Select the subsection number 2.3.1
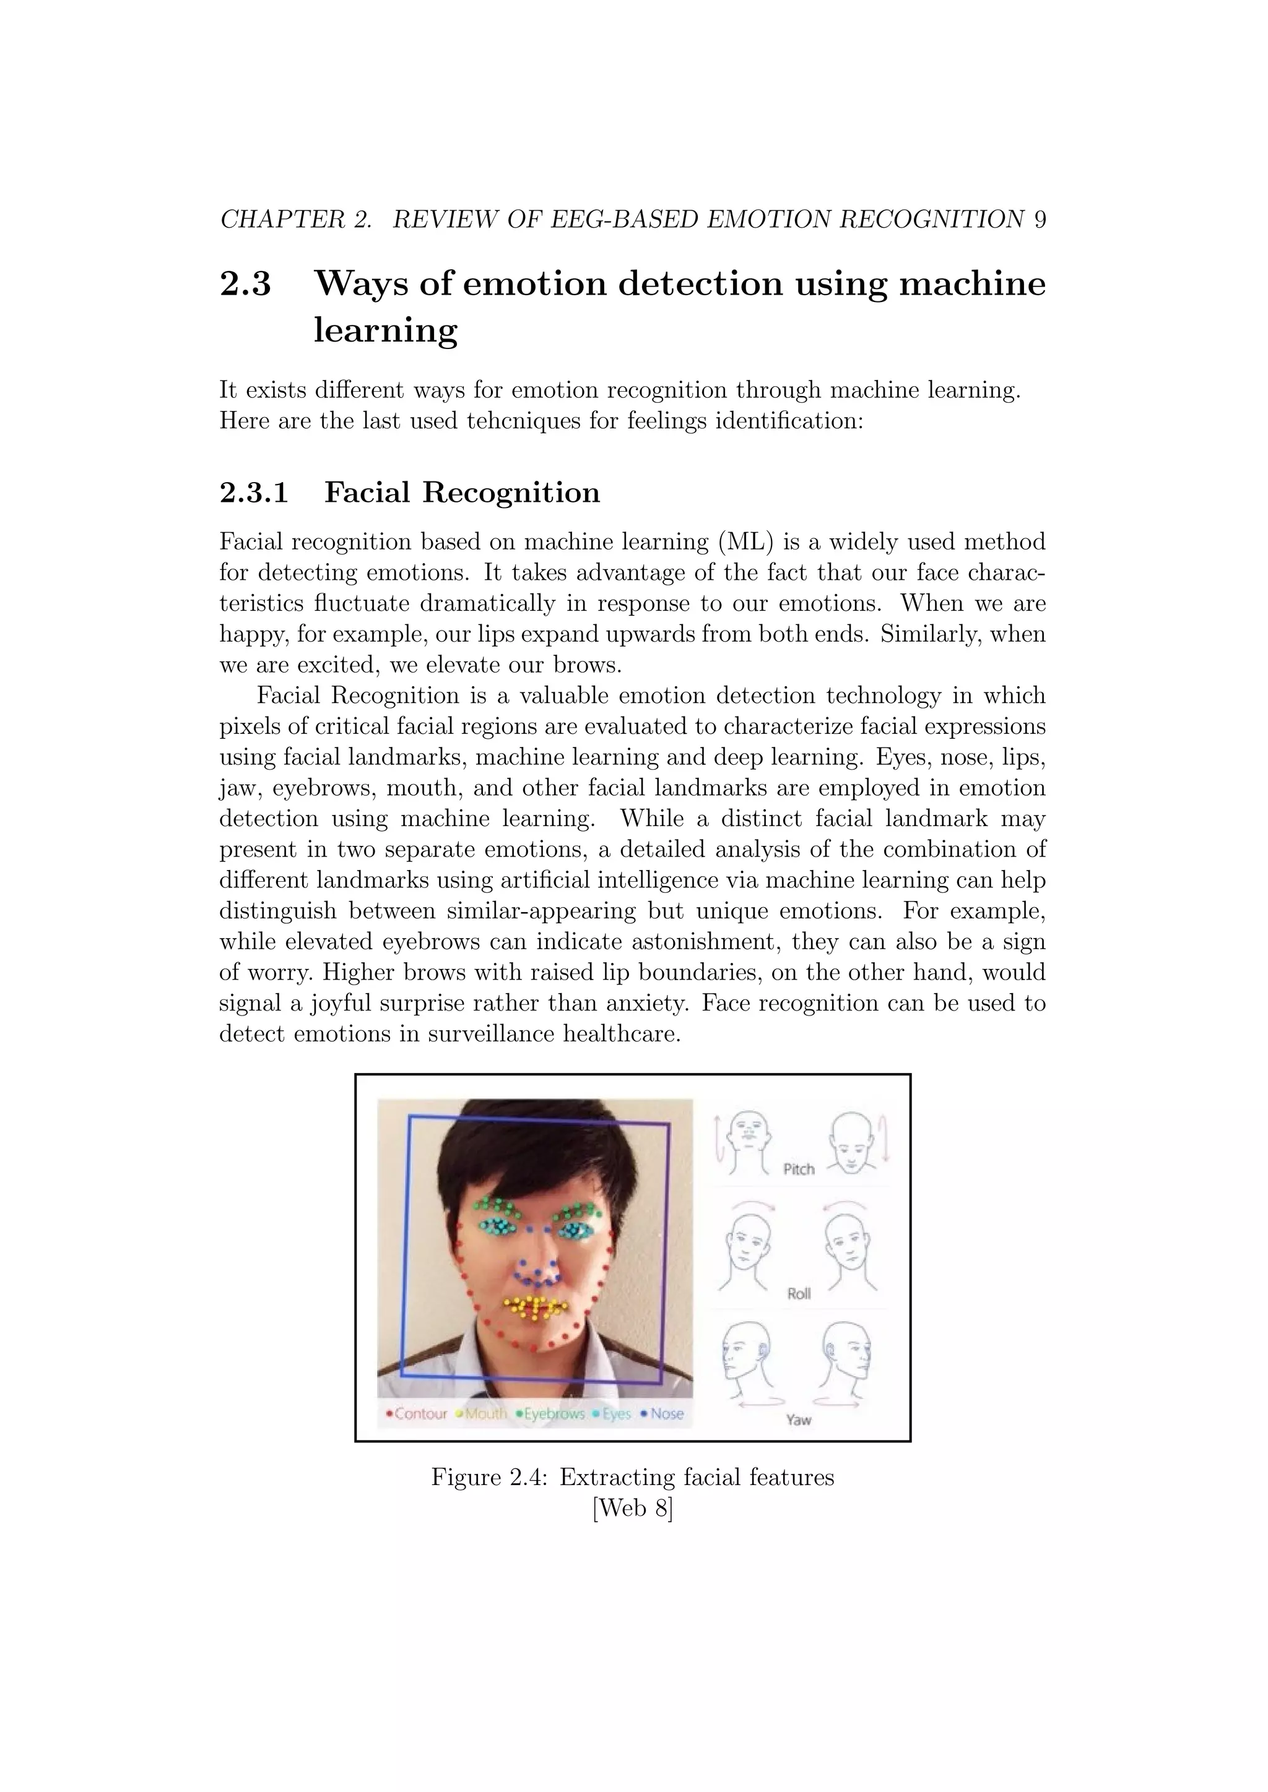pos(254,493)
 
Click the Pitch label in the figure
pos(799,1169)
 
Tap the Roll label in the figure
pos(799,1293)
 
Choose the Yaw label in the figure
pos(799,1419)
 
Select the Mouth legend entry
pos(485,1413)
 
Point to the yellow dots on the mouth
pos(535,1306)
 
